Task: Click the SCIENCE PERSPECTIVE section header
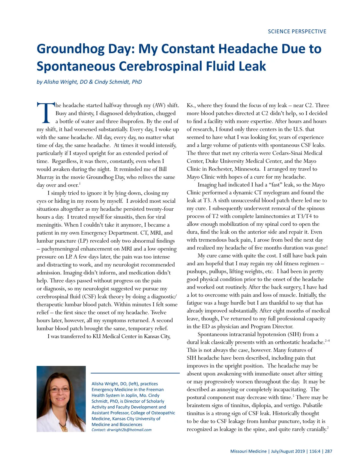click(x=297, y=32)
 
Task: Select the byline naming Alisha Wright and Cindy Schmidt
click(x=89, y=82)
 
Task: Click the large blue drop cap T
click(x=45, y=113)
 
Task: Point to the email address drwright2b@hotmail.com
click(x=129, y=430)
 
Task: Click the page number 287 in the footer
click(x=328, y=451)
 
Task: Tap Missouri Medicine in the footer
click(x=248, y=451)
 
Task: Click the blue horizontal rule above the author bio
click(x=135, y=373)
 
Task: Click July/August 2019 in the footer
click(x=288, y=451)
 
